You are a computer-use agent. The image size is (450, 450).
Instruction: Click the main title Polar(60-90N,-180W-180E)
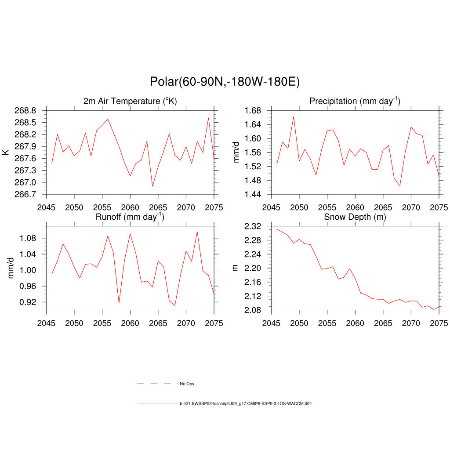tap(225, 82)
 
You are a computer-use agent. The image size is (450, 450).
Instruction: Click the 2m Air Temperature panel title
tap(130, 101)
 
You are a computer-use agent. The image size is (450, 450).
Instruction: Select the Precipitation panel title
tap(355, 101)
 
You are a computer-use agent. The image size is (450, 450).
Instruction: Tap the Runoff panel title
tap(130, 216)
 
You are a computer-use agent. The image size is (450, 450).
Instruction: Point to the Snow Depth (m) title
tap(355, 217)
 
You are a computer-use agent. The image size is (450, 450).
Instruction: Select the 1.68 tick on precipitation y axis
tap(254, 110)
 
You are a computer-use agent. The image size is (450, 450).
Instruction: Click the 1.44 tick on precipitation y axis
tap(254, 194)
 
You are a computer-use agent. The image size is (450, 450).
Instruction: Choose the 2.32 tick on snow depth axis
tap(254, 226)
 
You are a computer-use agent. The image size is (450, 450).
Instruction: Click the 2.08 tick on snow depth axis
tap(254, 310)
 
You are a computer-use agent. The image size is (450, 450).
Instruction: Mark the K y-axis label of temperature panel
tap(6, 152)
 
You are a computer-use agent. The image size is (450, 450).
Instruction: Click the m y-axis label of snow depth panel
tap(235, 268)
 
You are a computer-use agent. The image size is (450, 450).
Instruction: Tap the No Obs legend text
tap(187, 384)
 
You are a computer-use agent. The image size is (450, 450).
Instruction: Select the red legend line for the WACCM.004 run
tap(157, 403)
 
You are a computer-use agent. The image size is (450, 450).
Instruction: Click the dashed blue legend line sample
tap(157, 384)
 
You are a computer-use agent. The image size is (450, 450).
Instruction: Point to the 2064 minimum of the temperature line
tap(152, 186)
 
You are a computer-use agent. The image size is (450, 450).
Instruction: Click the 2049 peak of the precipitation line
tap(294, 116)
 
